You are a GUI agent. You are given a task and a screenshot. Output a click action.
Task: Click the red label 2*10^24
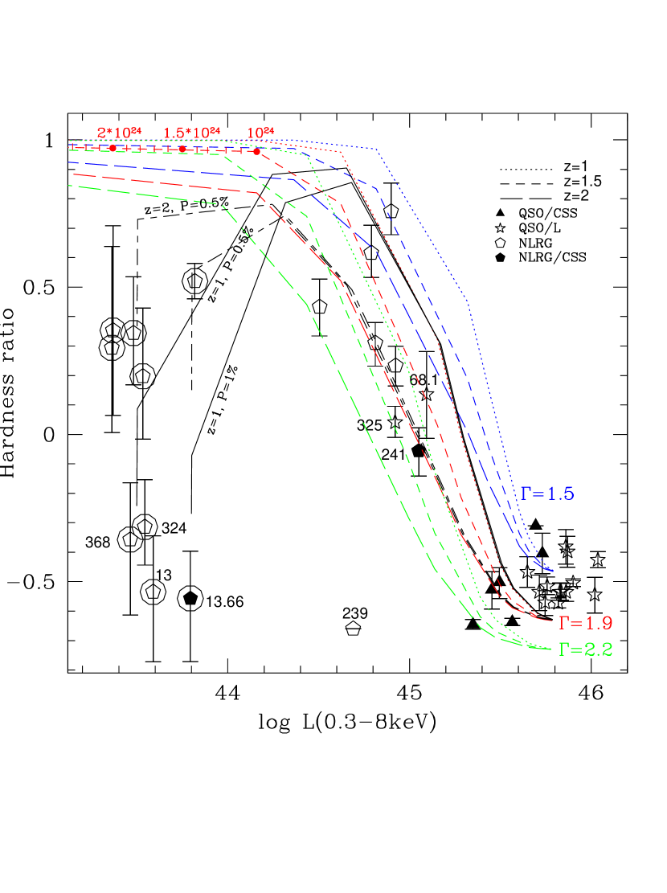(119, 132)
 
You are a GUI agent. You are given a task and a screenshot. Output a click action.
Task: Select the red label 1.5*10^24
(191, 132)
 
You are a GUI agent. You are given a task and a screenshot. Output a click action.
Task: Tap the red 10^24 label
(260, 132)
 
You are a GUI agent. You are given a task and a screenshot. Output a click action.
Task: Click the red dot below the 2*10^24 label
(113, 149)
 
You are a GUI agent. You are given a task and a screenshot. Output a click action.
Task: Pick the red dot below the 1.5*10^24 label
(182, 149)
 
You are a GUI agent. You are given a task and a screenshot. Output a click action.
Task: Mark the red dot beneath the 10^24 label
(257, 151)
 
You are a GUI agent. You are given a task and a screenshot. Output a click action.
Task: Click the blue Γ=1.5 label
(547, 494)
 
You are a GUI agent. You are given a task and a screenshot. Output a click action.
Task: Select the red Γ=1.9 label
(586, 622)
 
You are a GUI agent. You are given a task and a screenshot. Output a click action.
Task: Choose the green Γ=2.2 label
(586, 649)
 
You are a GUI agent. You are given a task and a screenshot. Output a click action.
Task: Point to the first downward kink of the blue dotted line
(377, 149)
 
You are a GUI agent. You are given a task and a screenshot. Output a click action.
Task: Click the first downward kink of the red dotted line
(342, 151)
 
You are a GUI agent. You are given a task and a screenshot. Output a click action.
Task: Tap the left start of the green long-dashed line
(70, 186)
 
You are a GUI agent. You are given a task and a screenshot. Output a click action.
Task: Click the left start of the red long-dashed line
(70, 174)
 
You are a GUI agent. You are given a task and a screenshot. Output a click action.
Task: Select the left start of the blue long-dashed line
(70, 162)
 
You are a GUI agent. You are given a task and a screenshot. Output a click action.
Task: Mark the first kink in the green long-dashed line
(219, 204)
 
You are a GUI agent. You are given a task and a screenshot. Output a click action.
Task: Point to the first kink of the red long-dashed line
(257, 193)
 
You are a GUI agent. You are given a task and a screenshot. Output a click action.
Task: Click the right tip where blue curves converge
(552, 571)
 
